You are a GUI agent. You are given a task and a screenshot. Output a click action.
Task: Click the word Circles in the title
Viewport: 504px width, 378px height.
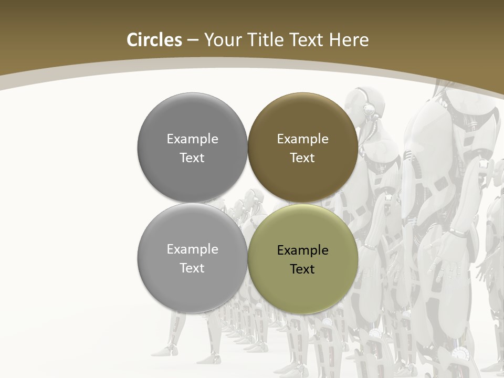pos(154,40)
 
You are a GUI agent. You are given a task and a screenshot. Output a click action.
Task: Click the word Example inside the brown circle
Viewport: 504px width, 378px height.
pos(302,139)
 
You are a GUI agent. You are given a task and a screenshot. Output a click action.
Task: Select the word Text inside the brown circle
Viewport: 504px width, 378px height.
pos(302,158)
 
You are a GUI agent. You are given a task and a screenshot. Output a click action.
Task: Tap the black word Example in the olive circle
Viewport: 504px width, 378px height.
pos(302,250)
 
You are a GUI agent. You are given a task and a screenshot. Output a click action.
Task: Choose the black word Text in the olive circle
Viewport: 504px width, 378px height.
pos(302,269)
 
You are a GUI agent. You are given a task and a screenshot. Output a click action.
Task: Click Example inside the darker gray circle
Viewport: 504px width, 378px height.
pos(192,139)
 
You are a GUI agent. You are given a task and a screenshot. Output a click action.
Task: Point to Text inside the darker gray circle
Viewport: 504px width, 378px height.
pos(192,158)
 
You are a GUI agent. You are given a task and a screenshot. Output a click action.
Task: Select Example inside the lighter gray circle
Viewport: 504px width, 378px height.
pos(192,249)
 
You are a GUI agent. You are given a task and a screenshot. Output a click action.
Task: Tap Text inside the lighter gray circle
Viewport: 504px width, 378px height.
pos(192,268)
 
